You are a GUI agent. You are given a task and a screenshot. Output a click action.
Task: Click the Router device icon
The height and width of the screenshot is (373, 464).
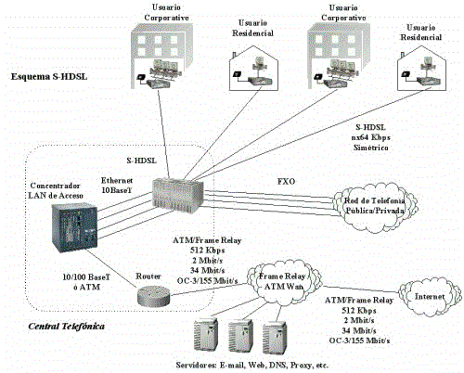click(x=153, y=295)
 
